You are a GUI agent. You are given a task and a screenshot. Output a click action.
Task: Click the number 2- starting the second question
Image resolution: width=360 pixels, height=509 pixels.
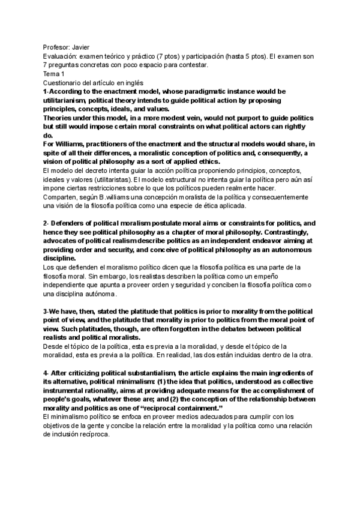(x=47, y=223)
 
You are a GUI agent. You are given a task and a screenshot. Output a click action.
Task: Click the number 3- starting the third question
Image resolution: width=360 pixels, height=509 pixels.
(x=46, y=312)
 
